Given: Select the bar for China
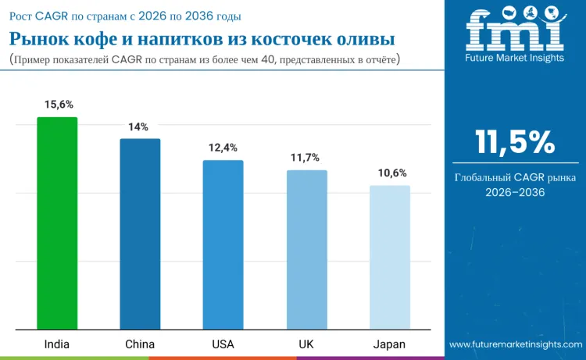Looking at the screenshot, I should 140,233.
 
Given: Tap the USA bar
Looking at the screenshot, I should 223,244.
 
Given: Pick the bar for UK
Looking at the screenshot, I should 306,249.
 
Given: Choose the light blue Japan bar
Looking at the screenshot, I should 389,257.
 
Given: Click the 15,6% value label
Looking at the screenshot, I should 57,105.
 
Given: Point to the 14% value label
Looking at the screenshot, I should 139,127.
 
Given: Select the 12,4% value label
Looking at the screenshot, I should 223,148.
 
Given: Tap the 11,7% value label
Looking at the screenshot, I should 306,158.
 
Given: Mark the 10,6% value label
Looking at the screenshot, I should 389,173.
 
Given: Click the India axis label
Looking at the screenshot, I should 57,344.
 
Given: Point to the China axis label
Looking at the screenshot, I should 140,344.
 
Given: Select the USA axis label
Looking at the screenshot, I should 223,344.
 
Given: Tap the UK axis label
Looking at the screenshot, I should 306,344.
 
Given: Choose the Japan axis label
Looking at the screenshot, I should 389,344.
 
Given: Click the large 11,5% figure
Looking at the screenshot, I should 516,142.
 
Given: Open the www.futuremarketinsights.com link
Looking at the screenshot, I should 516,344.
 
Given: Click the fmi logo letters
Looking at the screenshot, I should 515,31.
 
